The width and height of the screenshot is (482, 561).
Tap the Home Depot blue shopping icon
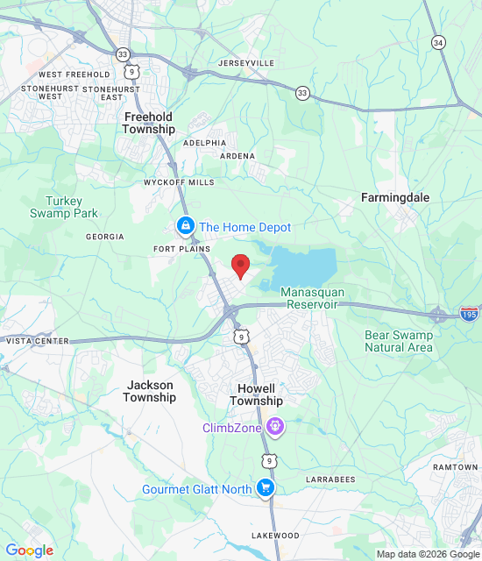(x=185, y=227)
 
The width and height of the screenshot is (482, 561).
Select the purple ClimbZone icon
(x=276, y=428)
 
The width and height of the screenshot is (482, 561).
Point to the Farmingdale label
(x=395, y=198)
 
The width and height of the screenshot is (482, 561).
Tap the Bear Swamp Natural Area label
(x=399, y=341)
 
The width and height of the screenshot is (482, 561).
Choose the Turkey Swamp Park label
(x=64, y=207)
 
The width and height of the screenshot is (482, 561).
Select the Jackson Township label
(x=149, y=391)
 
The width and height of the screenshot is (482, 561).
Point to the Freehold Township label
(x=149, y=122)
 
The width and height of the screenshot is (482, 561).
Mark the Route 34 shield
(x=437, y=41)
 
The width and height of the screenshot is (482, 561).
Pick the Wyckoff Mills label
(x=179, y=182)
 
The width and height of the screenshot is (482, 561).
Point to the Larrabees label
(x=330, y=479)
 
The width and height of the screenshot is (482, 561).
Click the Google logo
(x=30, y=550)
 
